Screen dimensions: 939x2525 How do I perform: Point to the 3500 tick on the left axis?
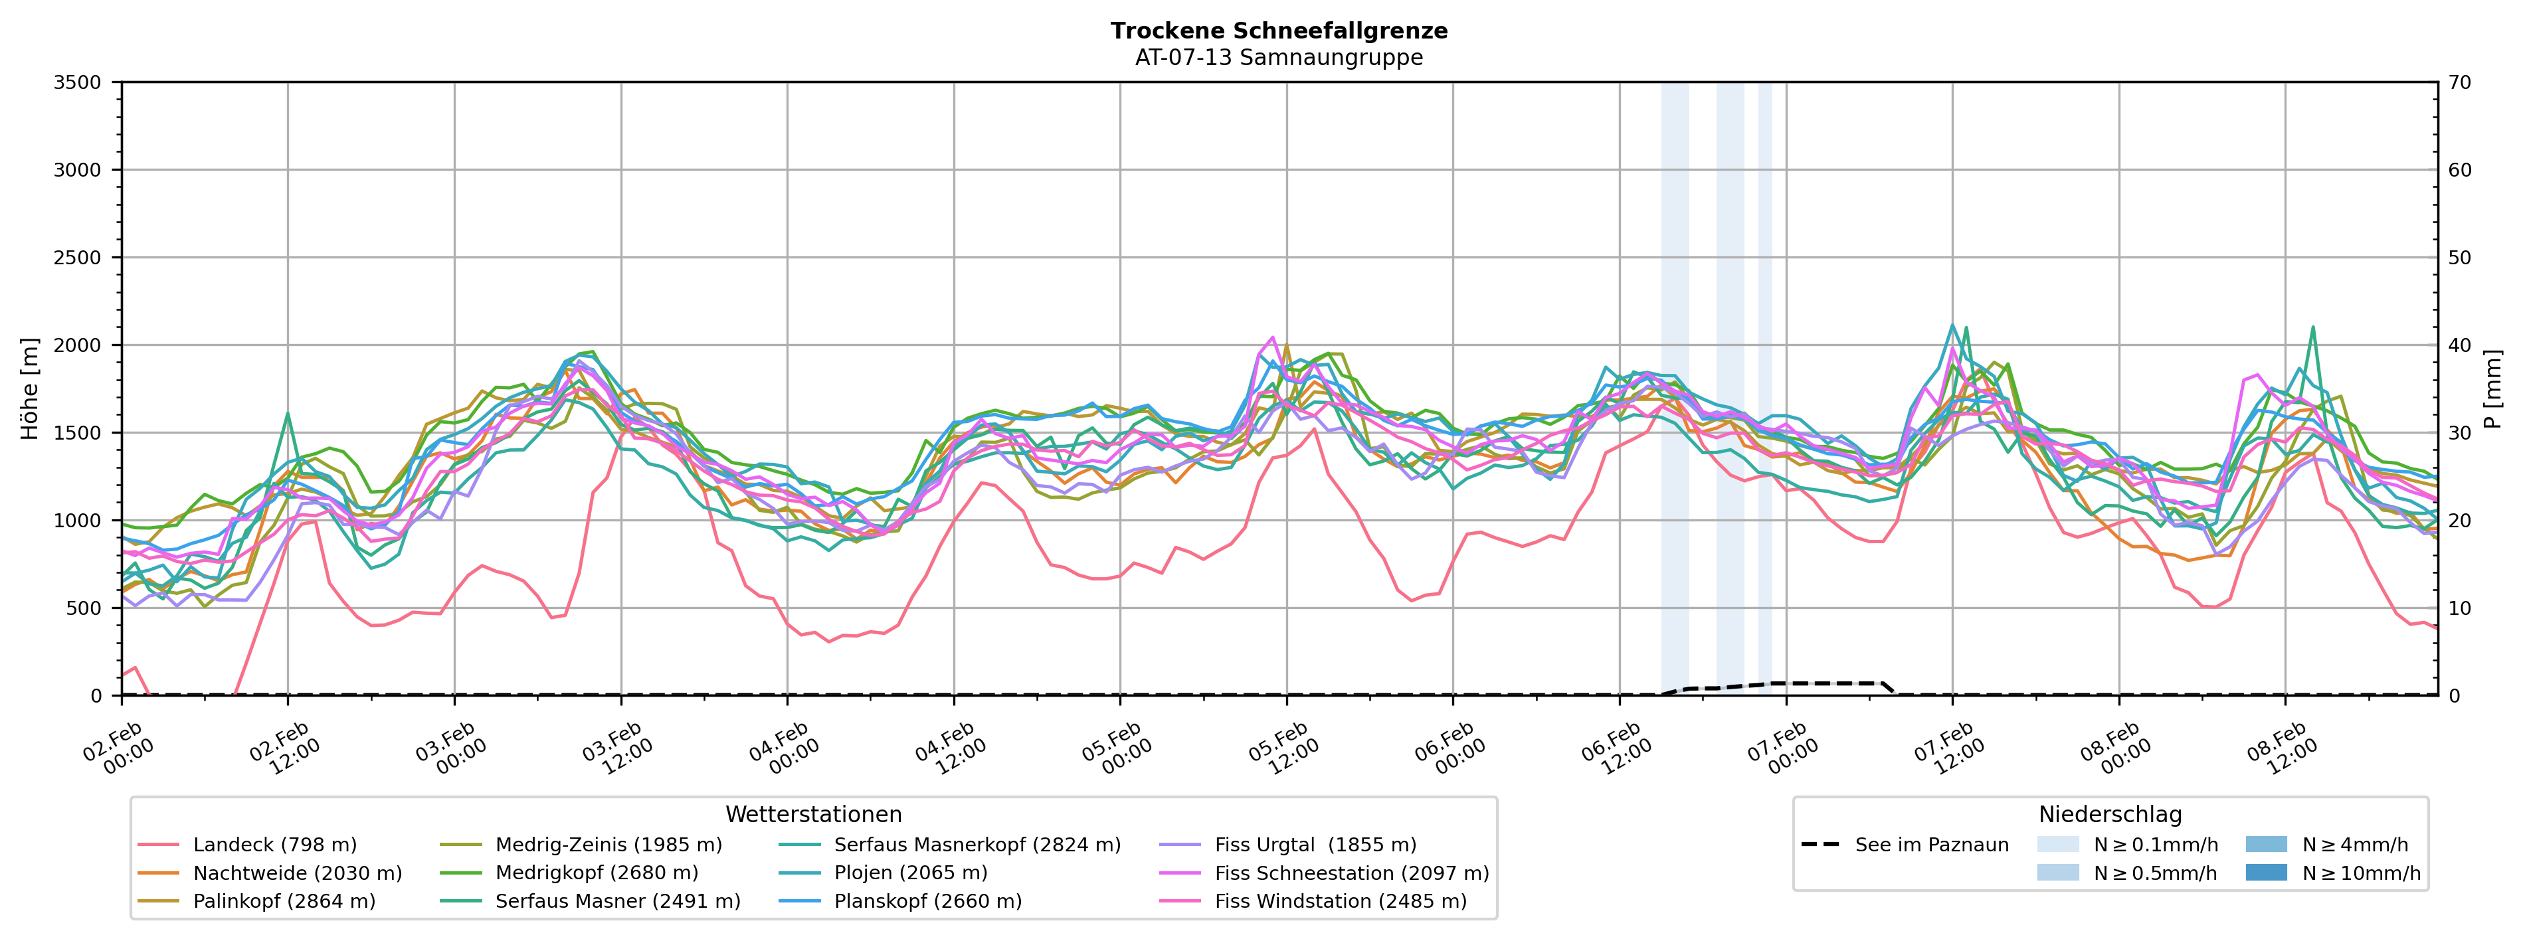point(78,82)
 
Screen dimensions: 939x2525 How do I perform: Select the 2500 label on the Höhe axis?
point(78,258)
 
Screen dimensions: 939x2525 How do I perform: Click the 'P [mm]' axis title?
point(2492,389)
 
